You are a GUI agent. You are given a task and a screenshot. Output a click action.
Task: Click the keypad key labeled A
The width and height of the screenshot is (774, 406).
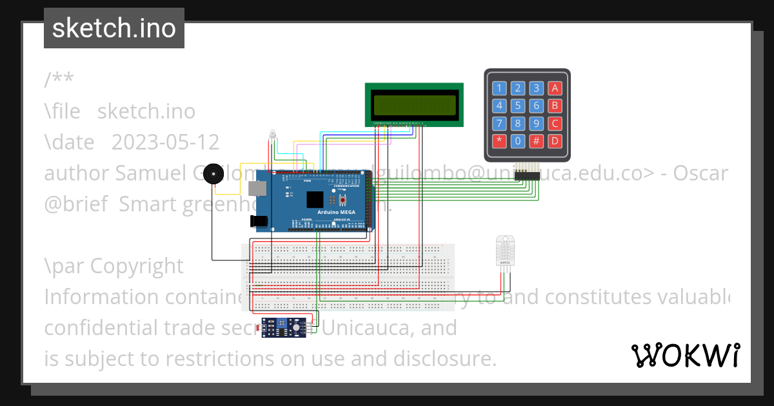coord(555,88)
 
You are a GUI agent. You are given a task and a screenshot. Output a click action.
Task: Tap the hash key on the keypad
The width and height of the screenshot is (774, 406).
coord(537,140)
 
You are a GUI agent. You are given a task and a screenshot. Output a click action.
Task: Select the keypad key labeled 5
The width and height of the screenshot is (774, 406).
coord(518,106)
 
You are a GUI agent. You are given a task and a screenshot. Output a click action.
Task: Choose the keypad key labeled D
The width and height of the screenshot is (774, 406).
coord(555,140)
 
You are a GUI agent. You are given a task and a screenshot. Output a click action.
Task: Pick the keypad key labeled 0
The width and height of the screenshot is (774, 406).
coord(518,140)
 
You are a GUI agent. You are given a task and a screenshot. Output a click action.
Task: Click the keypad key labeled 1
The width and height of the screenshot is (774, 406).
coord(499,88)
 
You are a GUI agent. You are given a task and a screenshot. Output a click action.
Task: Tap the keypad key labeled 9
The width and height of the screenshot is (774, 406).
coord(537,123)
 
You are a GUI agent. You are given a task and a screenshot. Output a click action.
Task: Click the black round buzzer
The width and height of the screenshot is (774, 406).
coord(214,175)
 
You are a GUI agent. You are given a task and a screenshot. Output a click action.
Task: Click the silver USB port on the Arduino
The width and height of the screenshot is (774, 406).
coord(256,187)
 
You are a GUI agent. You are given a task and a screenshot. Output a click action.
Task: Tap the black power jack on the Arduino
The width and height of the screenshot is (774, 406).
coord(259,220)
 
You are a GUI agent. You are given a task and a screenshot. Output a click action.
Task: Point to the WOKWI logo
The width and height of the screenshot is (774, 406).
coord(686,355)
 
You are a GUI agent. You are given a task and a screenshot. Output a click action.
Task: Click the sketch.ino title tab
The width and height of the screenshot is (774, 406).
coord(114,28)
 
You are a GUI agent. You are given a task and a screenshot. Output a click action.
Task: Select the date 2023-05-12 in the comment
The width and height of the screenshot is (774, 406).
coord(165,142)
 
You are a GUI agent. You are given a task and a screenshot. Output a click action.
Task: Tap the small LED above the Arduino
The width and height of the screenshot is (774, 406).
coord(273,134)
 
